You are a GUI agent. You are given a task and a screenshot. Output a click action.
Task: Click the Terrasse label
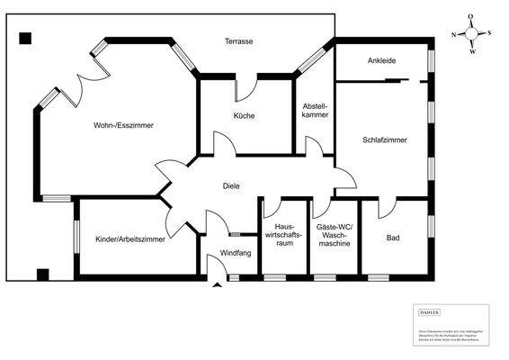[238, 42]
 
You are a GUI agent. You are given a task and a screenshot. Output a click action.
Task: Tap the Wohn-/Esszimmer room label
[123, 126]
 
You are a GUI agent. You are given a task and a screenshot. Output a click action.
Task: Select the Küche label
[244, 117]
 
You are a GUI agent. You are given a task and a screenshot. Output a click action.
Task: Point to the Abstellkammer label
[315, 109]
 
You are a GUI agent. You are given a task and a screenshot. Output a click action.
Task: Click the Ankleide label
[381, 61]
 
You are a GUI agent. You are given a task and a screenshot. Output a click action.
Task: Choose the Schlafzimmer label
[385, 140]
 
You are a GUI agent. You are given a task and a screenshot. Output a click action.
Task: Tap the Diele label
[232, 186]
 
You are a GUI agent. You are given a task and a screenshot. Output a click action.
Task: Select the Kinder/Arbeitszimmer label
[129, 239]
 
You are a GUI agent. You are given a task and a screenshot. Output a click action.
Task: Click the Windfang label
[236, 254]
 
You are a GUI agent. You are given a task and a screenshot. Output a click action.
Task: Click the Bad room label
[393, 238]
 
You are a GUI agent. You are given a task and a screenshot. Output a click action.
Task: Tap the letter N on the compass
[455, 34]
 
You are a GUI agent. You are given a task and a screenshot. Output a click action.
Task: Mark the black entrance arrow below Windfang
[216, 286]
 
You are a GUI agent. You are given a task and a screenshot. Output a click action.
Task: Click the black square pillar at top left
[25, 38]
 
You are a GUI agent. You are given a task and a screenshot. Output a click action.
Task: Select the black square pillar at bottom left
[42, 274]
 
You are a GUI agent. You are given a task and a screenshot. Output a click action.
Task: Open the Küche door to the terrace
[246, 87]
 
